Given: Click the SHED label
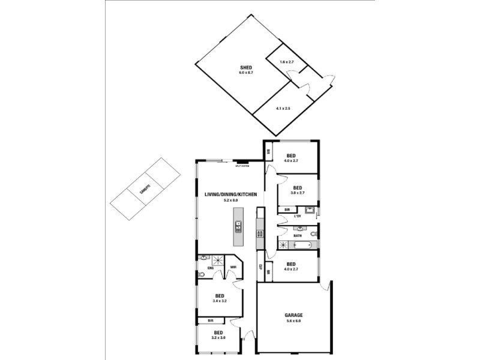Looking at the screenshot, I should (246, 67).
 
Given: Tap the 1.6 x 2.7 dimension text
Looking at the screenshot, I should (287, 62).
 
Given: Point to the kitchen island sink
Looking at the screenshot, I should (238, 227).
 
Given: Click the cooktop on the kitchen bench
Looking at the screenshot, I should (260, 233).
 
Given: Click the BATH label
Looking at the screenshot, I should (298, 236).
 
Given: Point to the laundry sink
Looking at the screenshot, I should (310, 210).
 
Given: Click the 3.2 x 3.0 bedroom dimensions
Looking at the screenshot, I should (218, 338).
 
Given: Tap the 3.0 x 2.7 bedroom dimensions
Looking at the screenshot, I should (298, 193).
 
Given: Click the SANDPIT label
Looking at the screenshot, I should (144, 190).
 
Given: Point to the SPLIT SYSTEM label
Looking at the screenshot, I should (242, 166).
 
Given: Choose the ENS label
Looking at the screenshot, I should (211, 267).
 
